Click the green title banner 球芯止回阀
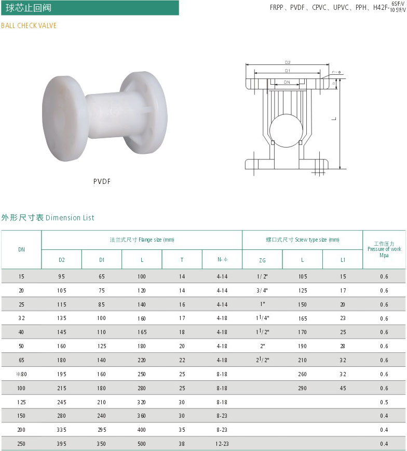[90, 8]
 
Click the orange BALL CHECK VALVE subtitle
[29, 25]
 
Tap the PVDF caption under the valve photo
[102, 181]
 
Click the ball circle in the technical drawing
[286, 130]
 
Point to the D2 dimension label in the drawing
[288, 62]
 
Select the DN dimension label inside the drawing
[287, 82]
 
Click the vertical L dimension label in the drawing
[334, 119]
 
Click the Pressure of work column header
[384, 249]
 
